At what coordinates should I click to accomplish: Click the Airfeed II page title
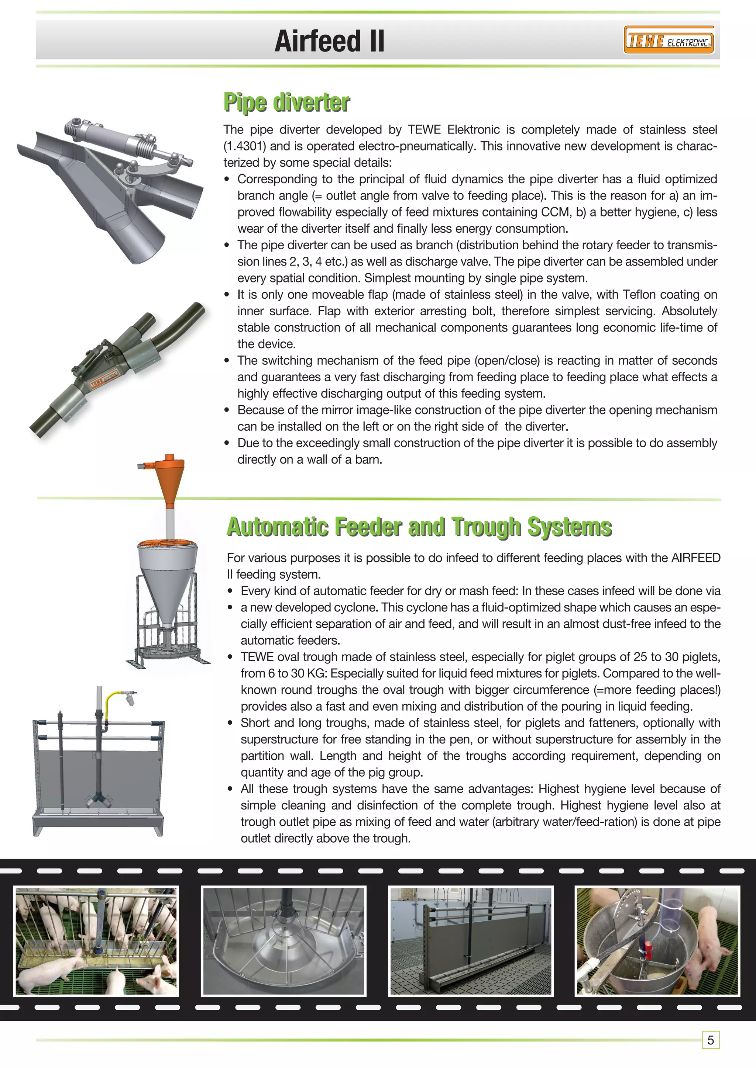[329, 41]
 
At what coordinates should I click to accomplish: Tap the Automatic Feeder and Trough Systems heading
[419, 527]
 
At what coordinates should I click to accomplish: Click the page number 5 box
[710, 1040]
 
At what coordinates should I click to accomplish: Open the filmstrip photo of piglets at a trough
[96, 941]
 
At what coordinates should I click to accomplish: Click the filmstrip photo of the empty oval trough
[283, 941]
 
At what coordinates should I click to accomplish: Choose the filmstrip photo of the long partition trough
[471, 941]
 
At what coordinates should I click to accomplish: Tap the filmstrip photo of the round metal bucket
[658, 941]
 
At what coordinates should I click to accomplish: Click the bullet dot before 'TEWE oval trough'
[230, 657]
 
